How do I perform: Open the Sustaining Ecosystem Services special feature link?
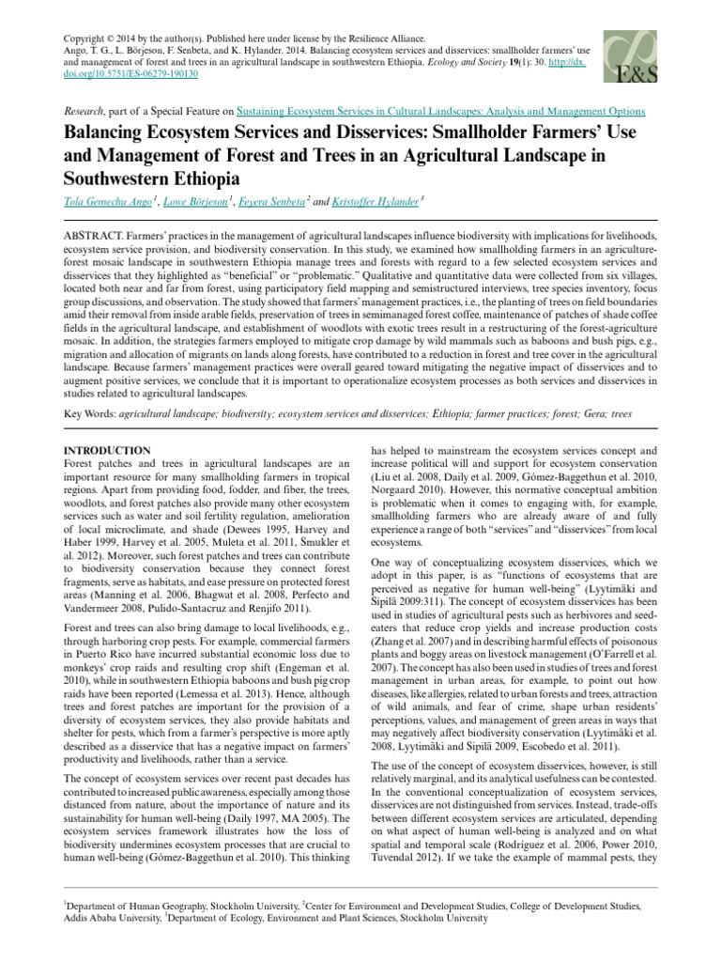click(x=441, y=111)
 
